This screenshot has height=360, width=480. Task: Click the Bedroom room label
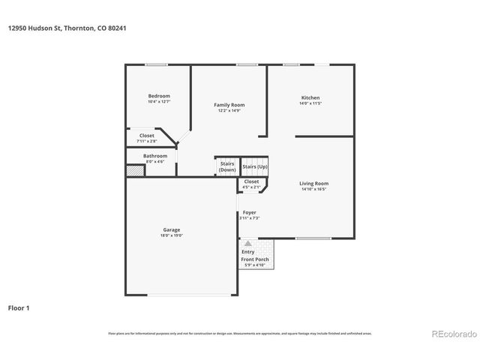(x=159, y=96)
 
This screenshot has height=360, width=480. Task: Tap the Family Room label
(x=229, y=105)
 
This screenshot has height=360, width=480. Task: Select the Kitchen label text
(x=310, y=98)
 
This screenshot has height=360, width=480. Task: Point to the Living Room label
(x=314, y=183)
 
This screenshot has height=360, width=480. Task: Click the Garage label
(x=171, y=229)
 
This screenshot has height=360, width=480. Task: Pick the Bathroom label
(x=155, y=156)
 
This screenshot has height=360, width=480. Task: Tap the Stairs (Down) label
(x=227, y=166)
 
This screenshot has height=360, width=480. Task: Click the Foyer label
(x=249, y=212)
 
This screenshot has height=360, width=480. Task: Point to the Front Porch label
(x=255, y=259)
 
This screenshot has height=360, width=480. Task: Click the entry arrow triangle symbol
(x=248, y=244)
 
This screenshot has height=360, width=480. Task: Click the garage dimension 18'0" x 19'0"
(x=171, y=235)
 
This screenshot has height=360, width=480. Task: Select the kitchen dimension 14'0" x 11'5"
(x=310, y=104)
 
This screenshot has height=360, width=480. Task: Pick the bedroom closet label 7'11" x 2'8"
(x=147, y=141)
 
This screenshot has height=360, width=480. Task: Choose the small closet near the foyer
(x=252, y=183)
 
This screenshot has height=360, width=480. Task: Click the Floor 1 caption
(x=19, y=307)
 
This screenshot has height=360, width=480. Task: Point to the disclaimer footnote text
(x=240, y=333)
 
